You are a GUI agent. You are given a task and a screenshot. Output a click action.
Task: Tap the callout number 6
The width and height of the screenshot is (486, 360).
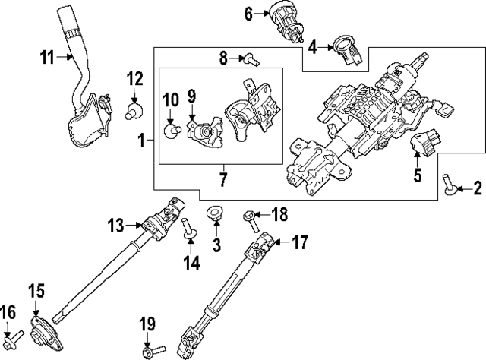pos(248,14)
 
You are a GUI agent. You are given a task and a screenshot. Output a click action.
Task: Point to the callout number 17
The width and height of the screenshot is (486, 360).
pos(301,243)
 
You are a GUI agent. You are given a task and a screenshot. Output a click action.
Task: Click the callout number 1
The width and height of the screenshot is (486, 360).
pos(141,141)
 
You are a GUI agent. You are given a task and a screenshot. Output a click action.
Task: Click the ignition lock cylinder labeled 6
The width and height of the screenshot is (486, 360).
pos(283,19)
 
